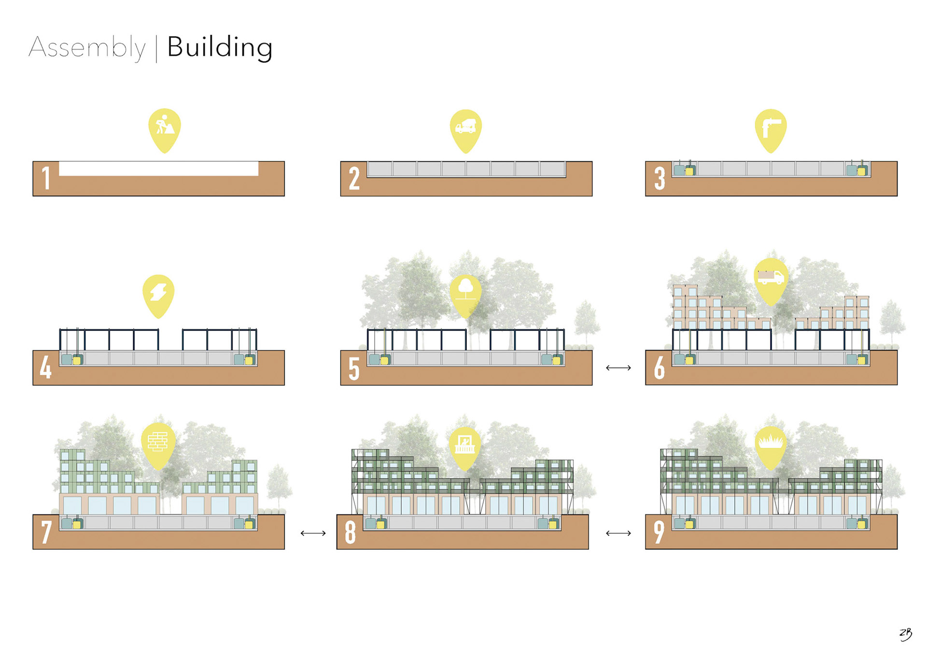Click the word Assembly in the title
(87, 47)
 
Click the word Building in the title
(220, 47)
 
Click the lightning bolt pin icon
(158, 293)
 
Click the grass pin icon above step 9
(771, 442)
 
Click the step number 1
(46, 178)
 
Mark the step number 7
(46, 532)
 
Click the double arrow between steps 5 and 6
(618, 368)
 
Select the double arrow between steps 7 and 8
(313, 533)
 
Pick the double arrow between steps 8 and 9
(618, 533)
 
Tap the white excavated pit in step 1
(158, 169)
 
